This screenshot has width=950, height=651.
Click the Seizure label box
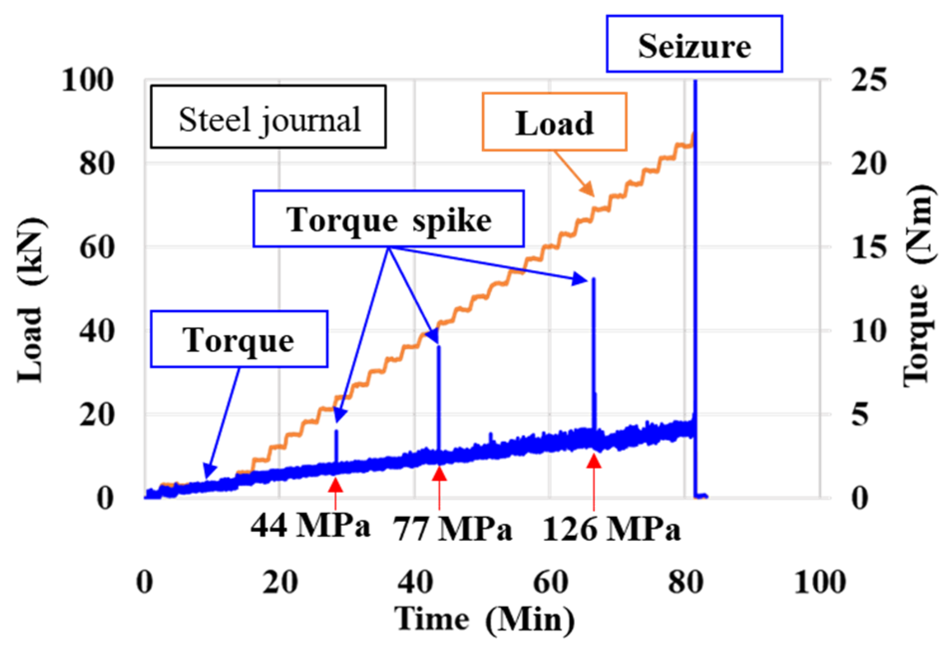coord(694,44)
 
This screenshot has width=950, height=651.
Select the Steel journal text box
coord(268,117)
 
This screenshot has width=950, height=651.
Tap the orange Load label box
coord(554,122)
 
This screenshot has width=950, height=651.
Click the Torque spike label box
coord(388,219)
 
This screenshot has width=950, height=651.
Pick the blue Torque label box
coord(239,339)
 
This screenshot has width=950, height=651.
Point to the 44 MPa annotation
coord(310,525)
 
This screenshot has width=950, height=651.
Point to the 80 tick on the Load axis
coord(96,164)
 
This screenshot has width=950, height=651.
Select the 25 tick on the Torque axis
coord(868,80)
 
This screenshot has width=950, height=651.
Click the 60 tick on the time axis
coord(550,582)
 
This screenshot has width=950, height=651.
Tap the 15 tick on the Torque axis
coord(868,247)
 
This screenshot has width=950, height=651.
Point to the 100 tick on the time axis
coord(819,582)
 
